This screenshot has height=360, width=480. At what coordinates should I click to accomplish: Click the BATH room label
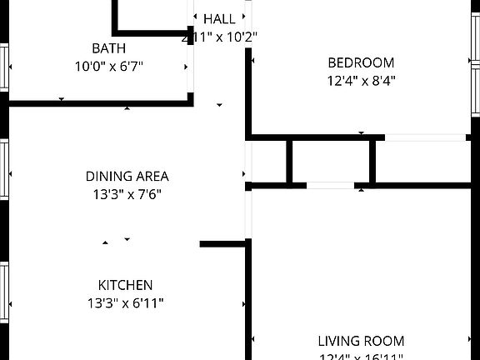point(109,48)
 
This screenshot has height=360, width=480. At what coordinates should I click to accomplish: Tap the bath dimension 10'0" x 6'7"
point(109,65)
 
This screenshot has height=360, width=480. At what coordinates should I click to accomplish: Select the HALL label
point(219,18)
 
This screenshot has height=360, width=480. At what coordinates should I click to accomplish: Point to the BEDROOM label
point(361,62)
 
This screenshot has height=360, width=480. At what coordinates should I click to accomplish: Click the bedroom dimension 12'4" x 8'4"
point(361,81)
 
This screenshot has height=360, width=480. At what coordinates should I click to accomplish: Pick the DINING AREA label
point(127,176)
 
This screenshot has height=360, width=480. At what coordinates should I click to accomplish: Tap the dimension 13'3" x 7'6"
point(127,194)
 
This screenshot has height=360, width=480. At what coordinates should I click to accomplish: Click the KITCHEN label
point(125,285)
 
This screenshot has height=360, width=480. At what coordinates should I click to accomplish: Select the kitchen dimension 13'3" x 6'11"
point(125,303)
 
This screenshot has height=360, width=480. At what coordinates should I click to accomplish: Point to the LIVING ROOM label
point(361,341)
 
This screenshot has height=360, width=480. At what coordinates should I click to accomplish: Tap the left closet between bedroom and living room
point(268,161)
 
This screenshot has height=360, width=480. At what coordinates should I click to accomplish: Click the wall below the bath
point(100,102)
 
